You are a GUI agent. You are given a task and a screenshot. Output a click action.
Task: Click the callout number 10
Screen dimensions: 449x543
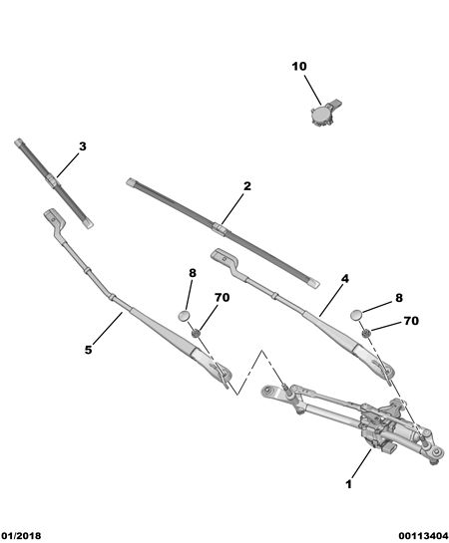click(299, 66)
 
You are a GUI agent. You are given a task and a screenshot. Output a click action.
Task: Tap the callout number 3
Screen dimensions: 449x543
click(82, 146)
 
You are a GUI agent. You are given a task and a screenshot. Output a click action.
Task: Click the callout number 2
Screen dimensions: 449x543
click(246, 186)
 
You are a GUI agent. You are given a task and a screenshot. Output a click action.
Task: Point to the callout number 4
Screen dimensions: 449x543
click(344, 278)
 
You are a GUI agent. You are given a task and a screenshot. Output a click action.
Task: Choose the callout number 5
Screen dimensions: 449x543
click(89, 350)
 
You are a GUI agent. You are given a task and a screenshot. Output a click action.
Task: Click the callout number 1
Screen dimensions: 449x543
click(348, 484)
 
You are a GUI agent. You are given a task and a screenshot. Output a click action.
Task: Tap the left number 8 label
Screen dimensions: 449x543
click(193, 273)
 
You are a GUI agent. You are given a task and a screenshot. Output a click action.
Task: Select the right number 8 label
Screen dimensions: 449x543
click(399, 298)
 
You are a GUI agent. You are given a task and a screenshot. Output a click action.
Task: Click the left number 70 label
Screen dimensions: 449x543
click(222, 298)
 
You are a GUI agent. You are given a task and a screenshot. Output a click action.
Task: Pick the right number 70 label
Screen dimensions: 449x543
click(411, 321)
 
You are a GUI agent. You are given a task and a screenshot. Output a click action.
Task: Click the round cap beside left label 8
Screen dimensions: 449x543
click(185, 316)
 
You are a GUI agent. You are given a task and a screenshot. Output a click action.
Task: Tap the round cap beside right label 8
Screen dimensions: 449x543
click(356, 315)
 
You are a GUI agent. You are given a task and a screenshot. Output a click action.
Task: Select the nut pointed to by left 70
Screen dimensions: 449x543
click(197, 333)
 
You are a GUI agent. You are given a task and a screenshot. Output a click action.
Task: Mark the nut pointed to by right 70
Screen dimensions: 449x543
click(366, 333)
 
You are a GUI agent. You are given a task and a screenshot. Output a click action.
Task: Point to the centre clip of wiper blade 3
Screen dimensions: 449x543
click(52, 181)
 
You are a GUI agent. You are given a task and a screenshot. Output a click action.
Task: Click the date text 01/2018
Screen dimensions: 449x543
click(21, 536)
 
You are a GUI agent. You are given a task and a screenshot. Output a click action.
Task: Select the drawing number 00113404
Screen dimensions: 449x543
click(423, 536)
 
